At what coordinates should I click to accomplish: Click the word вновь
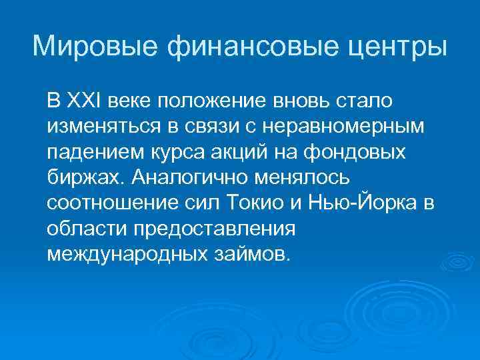tap(295, 101)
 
